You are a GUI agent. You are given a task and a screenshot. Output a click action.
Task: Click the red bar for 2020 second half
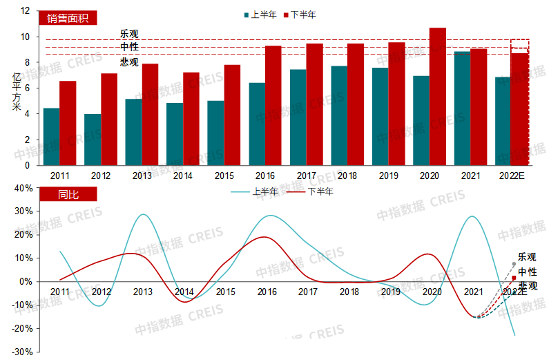pos(438,97)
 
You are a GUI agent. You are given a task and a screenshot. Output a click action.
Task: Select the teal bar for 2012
pos(93,140)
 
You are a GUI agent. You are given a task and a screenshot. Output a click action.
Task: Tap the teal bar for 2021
pos(463,108)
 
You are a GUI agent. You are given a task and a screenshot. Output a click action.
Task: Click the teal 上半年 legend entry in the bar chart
pos(260,15)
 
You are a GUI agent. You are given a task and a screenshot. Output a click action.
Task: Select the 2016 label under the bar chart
pos(266,176)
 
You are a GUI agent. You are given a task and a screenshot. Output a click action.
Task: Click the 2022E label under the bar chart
pos(512,176)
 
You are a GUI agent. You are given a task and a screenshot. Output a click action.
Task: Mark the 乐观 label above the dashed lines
pos(129,33)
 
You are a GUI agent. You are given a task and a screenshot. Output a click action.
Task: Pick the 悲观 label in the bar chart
pos(129,61)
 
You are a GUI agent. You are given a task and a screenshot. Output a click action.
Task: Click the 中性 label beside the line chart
pos(527,272)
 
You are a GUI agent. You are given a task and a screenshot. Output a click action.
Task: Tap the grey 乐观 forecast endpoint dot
pos(514,264)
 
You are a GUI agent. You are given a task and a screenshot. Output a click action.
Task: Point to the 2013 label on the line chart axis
pos(142,292)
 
